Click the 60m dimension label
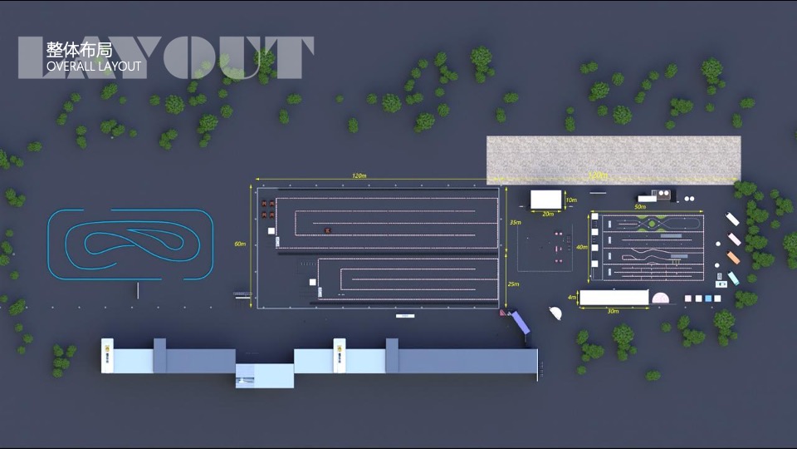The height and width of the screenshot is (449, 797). (240, 244)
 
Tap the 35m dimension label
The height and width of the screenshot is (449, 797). (515, 223)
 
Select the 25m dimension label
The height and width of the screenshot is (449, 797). (514, 284)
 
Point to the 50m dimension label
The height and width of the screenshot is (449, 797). (640, 206)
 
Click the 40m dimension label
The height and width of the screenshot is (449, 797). (582, 247)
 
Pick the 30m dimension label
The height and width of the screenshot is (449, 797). (613, 311)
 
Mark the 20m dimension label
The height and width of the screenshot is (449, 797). (547, 214)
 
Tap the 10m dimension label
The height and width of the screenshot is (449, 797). (570, 200)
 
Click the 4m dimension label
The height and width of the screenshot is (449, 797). (572, 297)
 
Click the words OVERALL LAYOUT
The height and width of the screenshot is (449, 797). (94, 66)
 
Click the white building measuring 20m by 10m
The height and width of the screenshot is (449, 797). (545, 200)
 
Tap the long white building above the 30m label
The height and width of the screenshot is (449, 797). (614, 297)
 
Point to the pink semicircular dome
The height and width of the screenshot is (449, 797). (661, 298)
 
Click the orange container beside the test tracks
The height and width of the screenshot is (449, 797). (733, 258)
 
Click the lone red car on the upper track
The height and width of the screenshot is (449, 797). (328, 229)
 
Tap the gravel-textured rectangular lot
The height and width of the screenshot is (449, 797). (613, 160)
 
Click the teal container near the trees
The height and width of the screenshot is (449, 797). (733, 277)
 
